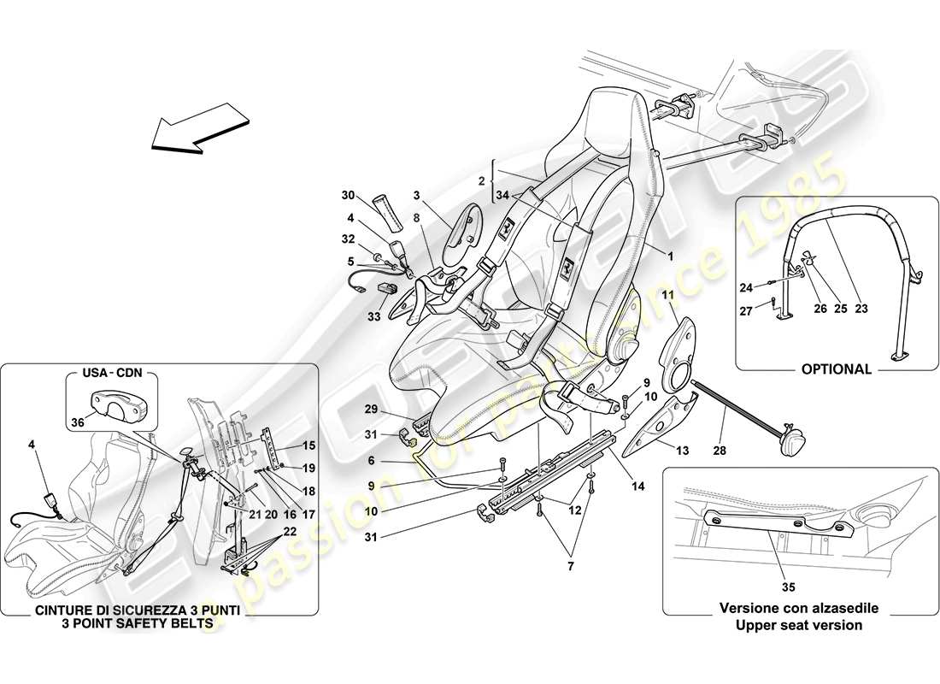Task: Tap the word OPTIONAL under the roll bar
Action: click(837, 369)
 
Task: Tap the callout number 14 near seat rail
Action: click(638, 486)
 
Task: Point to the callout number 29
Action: click(371, 410)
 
